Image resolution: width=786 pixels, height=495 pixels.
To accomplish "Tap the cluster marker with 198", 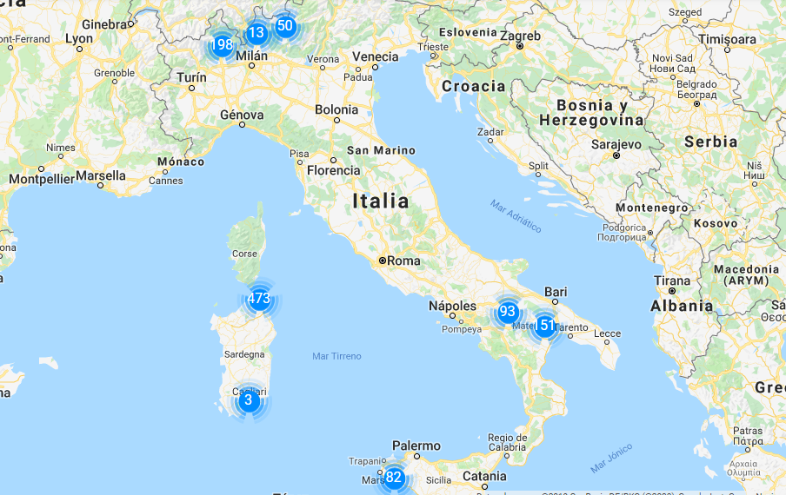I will point(222,44).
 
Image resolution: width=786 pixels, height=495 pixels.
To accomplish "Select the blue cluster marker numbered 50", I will point(285,26).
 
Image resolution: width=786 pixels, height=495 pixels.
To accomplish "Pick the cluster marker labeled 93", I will point(508,312).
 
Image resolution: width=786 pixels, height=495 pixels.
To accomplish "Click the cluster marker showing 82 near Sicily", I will point(394,477).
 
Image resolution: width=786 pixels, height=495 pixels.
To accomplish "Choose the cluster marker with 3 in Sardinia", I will point(248,399).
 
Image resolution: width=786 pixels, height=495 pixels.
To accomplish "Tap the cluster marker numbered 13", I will point(256,34).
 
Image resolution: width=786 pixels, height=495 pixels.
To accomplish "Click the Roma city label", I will point(403,260).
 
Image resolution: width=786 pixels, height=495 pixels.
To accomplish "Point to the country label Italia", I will point(380,201).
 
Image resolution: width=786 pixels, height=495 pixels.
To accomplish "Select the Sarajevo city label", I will point(616,144).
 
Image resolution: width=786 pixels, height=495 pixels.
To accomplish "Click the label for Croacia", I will point(473,86).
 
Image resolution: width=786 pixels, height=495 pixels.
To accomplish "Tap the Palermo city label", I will point(416,446).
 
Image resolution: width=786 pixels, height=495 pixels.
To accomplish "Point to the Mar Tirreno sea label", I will point(336,356).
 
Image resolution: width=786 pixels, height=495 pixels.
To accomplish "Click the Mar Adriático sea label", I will point(516,216).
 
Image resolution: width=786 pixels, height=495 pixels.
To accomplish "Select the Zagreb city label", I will point(520,36).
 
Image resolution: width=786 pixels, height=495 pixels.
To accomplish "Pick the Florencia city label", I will point(333,170).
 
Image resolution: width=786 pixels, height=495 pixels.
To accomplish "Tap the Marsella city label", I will point(100,175).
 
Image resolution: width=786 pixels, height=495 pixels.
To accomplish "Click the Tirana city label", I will point(672,281).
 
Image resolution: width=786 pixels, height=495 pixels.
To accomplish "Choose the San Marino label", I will point(381,150).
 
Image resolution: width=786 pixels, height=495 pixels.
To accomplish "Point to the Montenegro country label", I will point(652,208).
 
